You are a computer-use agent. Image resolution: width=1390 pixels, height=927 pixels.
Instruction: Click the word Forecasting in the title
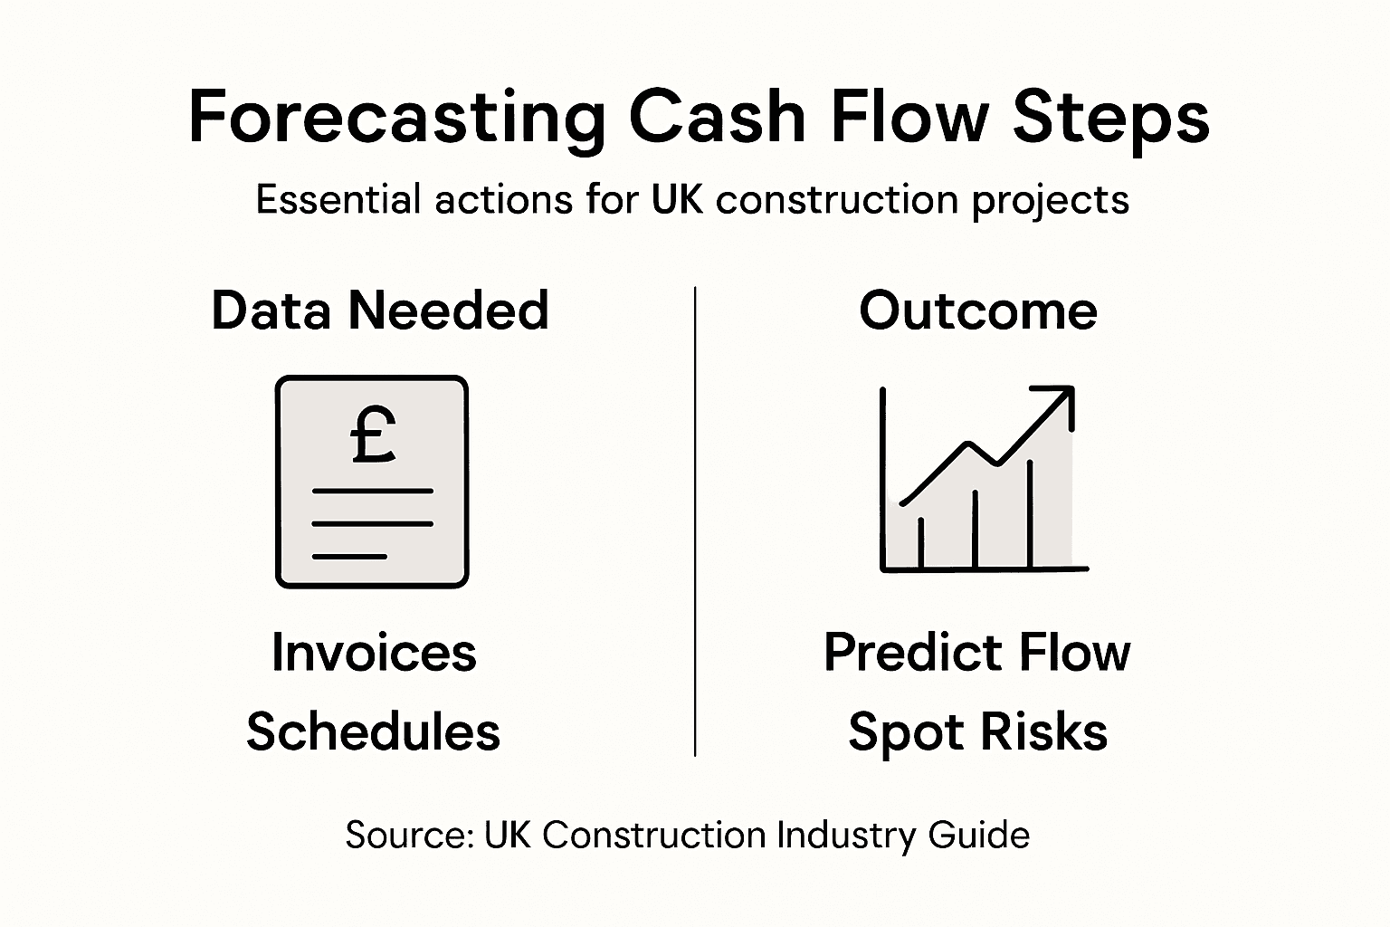tap(396, 118)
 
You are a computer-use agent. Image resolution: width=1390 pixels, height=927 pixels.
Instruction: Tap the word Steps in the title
tap(1110, 118)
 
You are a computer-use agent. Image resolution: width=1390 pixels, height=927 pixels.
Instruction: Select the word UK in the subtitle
tap(676, 199)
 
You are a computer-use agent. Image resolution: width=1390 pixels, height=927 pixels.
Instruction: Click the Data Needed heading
tap(380, 311)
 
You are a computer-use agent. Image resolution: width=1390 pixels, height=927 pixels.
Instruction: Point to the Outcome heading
tap(977, 311)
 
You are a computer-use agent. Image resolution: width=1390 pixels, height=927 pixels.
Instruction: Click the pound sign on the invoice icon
tap(372, 436)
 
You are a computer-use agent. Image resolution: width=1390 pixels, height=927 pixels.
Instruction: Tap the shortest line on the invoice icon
tap(349, 556)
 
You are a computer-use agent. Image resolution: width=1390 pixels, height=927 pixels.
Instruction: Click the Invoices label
tap(374, 653)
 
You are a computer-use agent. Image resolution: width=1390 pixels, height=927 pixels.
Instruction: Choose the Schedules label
tap(373, 731)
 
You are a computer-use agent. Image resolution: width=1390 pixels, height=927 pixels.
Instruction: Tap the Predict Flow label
tap(976, 653)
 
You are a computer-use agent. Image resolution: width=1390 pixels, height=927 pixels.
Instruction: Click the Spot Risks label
tap(977, 731)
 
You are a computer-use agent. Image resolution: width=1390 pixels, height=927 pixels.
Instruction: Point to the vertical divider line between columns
tap(695, 521)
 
